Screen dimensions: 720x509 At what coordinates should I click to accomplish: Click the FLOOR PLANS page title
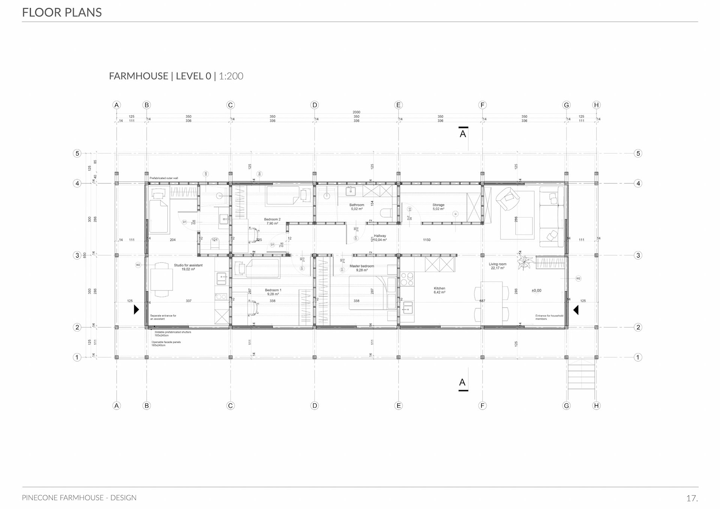point(62,12)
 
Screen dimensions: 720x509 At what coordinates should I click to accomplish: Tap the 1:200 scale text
point(231,76)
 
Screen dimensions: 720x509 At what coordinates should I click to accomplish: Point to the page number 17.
point(692,498)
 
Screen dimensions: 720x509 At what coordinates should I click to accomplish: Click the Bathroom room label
point(357,205)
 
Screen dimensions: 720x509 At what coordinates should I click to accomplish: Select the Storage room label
point(438,205)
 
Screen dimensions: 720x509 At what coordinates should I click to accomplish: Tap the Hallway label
point(380,236)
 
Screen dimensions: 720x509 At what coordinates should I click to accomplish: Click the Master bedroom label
point(362,266)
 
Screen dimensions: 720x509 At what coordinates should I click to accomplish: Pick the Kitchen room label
point(439,288)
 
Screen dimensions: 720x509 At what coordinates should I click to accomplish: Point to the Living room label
point(498,264)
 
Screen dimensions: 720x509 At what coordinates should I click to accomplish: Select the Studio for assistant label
point(188,266)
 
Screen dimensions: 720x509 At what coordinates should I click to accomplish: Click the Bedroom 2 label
point(272,219)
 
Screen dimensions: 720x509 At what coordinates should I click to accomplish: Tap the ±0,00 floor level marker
point(537,291)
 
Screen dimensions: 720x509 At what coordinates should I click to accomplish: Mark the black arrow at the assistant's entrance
point(136,309)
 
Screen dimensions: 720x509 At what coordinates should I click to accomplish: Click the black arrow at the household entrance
point(576,310)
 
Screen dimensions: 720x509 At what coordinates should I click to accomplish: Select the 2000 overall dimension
point(356,112)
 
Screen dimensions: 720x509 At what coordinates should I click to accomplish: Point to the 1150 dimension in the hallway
point(427,240)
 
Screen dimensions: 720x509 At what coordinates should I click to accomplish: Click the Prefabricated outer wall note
point(164,178)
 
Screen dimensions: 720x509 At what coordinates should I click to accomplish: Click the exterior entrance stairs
point(581,375)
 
